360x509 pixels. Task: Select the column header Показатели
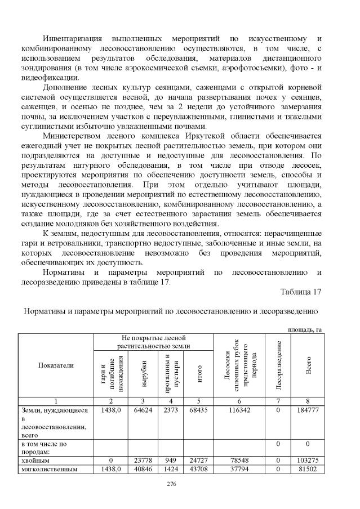[x=56, y=365]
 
